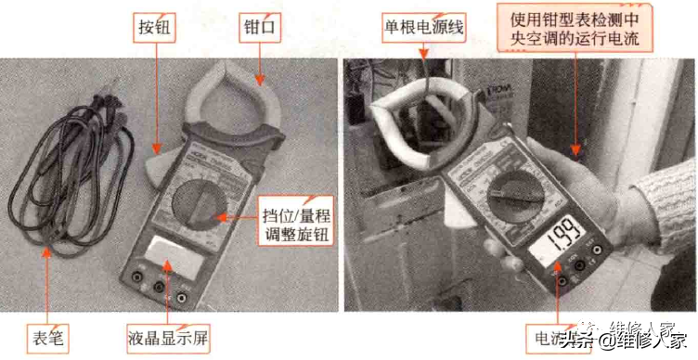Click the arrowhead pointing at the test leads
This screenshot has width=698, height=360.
coord(44,249)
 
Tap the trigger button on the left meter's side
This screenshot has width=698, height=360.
coord(155,165)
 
